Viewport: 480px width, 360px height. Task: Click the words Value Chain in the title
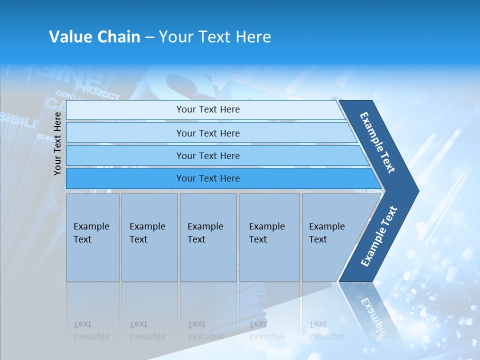(x=94, y=37)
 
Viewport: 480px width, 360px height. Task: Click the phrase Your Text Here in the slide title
(x=215, y=37)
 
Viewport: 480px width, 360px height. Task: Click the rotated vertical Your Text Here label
(x=57, y=143)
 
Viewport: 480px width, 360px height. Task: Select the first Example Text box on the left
(x=92, y=237)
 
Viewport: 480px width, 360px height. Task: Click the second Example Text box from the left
(x=149, y=237)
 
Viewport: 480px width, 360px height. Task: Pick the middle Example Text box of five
(x=208, y=237)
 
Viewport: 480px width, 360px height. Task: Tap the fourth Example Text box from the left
(x=269, y=237)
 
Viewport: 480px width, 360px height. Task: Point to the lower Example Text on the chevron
(x=379, y=236)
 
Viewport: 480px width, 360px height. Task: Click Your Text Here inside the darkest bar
(x=208, y=178)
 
